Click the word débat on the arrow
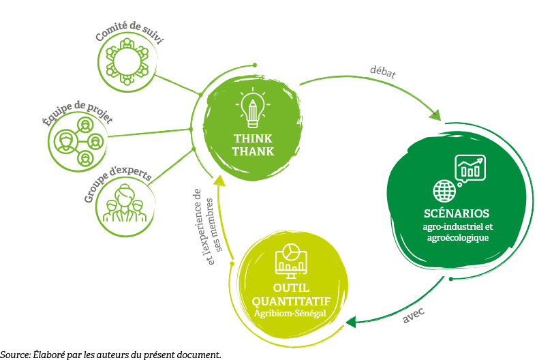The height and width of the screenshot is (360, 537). [382, 71]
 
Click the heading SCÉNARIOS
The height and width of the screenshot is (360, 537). [455, 212]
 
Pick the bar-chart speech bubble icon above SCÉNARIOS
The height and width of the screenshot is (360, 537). [470, 168]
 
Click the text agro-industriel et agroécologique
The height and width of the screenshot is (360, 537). [455, 232]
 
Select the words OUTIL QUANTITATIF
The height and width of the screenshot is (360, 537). [291, 295]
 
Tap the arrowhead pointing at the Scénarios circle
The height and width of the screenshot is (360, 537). [434, 113]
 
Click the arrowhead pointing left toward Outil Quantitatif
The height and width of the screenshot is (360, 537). [352, 321]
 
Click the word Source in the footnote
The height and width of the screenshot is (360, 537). [14, 355]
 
